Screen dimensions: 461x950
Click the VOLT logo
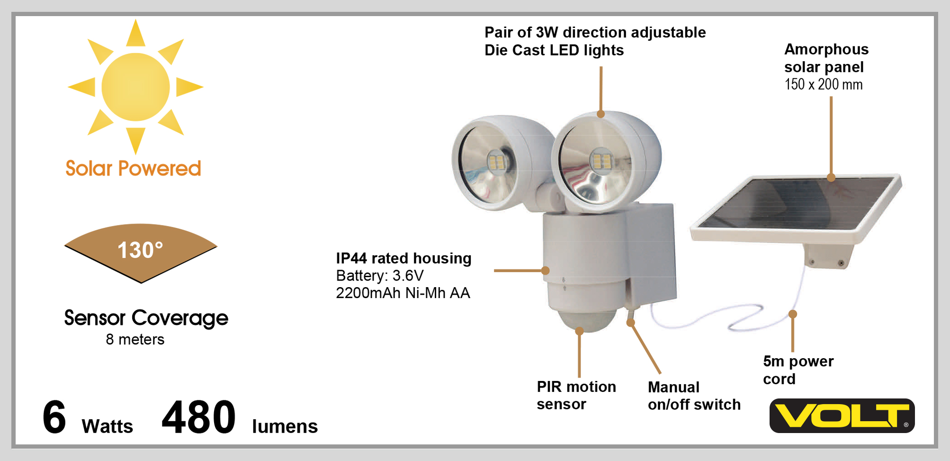tap(842, 416)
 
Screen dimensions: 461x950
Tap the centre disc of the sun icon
tap(135, 87)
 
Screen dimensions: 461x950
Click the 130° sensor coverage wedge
tap(140, 251)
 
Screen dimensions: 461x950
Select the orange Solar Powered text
tap(133, 169)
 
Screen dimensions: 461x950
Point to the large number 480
tap(198, 417)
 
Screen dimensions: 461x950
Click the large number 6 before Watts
tap(54, 417)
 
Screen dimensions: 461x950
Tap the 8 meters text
tap(135, 340)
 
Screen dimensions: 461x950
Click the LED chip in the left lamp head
tap(495, 163)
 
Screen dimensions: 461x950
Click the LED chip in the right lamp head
tap(601, 162)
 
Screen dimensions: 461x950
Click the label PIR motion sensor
tap(576, 395)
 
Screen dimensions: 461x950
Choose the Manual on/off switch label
tap(694, 396)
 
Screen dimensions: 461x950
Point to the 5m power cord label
tap(798, 370)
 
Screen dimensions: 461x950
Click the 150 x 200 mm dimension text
tap(824, 84)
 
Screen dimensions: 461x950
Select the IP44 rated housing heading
tap(403, 258)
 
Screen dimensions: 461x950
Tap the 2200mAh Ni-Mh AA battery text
tap(403, 293)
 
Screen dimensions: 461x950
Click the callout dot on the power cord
tap(793, 314)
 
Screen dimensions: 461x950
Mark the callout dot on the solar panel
tap(831, 178)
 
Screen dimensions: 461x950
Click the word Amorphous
tap(826, 49)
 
